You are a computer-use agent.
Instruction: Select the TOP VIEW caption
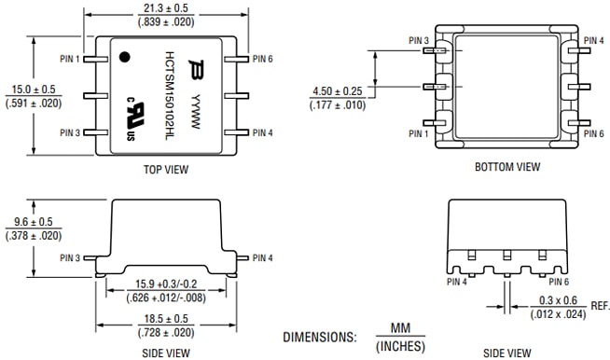coord(168,170)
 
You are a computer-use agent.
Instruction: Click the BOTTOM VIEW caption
coord(506,167)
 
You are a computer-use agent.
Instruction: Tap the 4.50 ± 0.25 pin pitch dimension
coord(337,91)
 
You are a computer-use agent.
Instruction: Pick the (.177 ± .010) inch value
coord(337,104)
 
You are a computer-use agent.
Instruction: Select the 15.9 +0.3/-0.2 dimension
coord(169,284)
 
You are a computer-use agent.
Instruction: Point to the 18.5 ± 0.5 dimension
coord(168,318)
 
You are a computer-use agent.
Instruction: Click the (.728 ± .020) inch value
coord(168,331)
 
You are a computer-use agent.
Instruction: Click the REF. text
coord(600,306)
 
